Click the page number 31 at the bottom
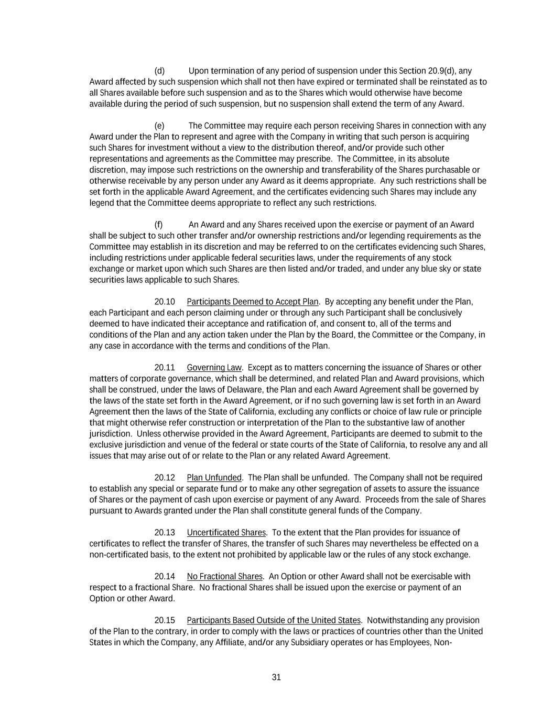point(276,677)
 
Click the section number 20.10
point(165,302)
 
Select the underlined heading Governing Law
point(214,368)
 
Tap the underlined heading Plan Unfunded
point(214,478)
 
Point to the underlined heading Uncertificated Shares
point(226,533)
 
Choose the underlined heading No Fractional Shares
point(224,577)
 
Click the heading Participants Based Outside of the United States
point(274,621)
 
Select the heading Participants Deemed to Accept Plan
point(252,302)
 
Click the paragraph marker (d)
point(159,71)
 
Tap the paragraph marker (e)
point(159,126)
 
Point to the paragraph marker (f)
point(159,225)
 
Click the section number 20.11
point(165,368)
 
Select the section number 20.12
point(165,478)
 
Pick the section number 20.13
point(165,533)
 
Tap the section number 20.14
point(165,577)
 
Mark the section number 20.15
point(165,621)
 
